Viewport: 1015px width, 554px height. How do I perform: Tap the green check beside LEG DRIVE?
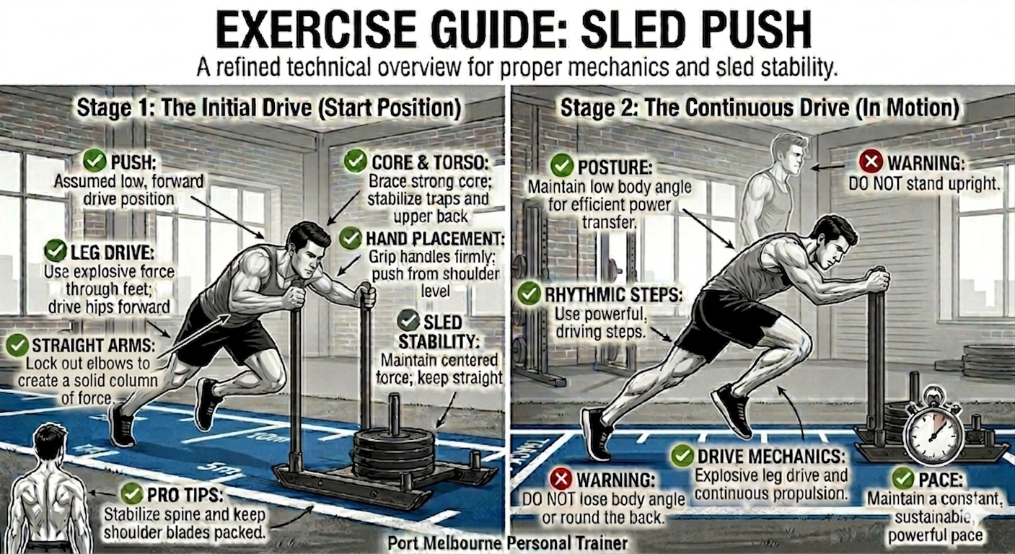56,251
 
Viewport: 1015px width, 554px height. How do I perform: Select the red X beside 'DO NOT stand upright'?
871,162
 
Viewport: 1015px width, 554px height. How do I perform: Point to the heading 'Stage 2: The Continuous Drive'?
705,108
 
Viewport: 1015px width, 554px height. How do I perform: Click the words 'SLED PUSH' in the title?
696,30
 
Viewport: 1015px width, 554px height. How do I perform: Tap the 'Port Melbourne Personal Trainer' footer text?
508,542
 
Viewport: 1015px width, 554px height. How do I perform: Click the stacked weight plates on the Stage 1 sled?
393,454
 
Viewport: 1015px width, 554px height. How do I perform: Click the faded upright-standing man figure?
775,190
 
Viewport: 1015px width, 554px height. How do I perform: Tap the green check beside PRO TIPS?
132,493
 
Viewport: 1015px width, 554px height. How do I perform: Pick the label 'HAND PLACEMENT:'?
435,239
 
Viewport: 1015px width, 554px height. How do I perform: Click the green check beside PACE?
903,478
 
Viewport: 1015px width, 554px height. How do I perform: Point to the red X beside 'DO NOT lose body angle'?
561,479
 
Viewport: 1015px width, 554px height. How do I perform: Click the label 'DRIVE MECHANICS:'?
771,456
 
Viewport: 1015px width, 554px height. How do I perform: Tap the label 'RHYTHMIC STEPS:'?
613,295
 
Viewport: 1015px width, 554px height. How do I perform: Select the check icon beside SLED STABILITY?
408,321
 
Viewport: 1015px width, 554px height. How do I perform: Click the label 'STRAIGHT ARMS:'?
93,346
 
